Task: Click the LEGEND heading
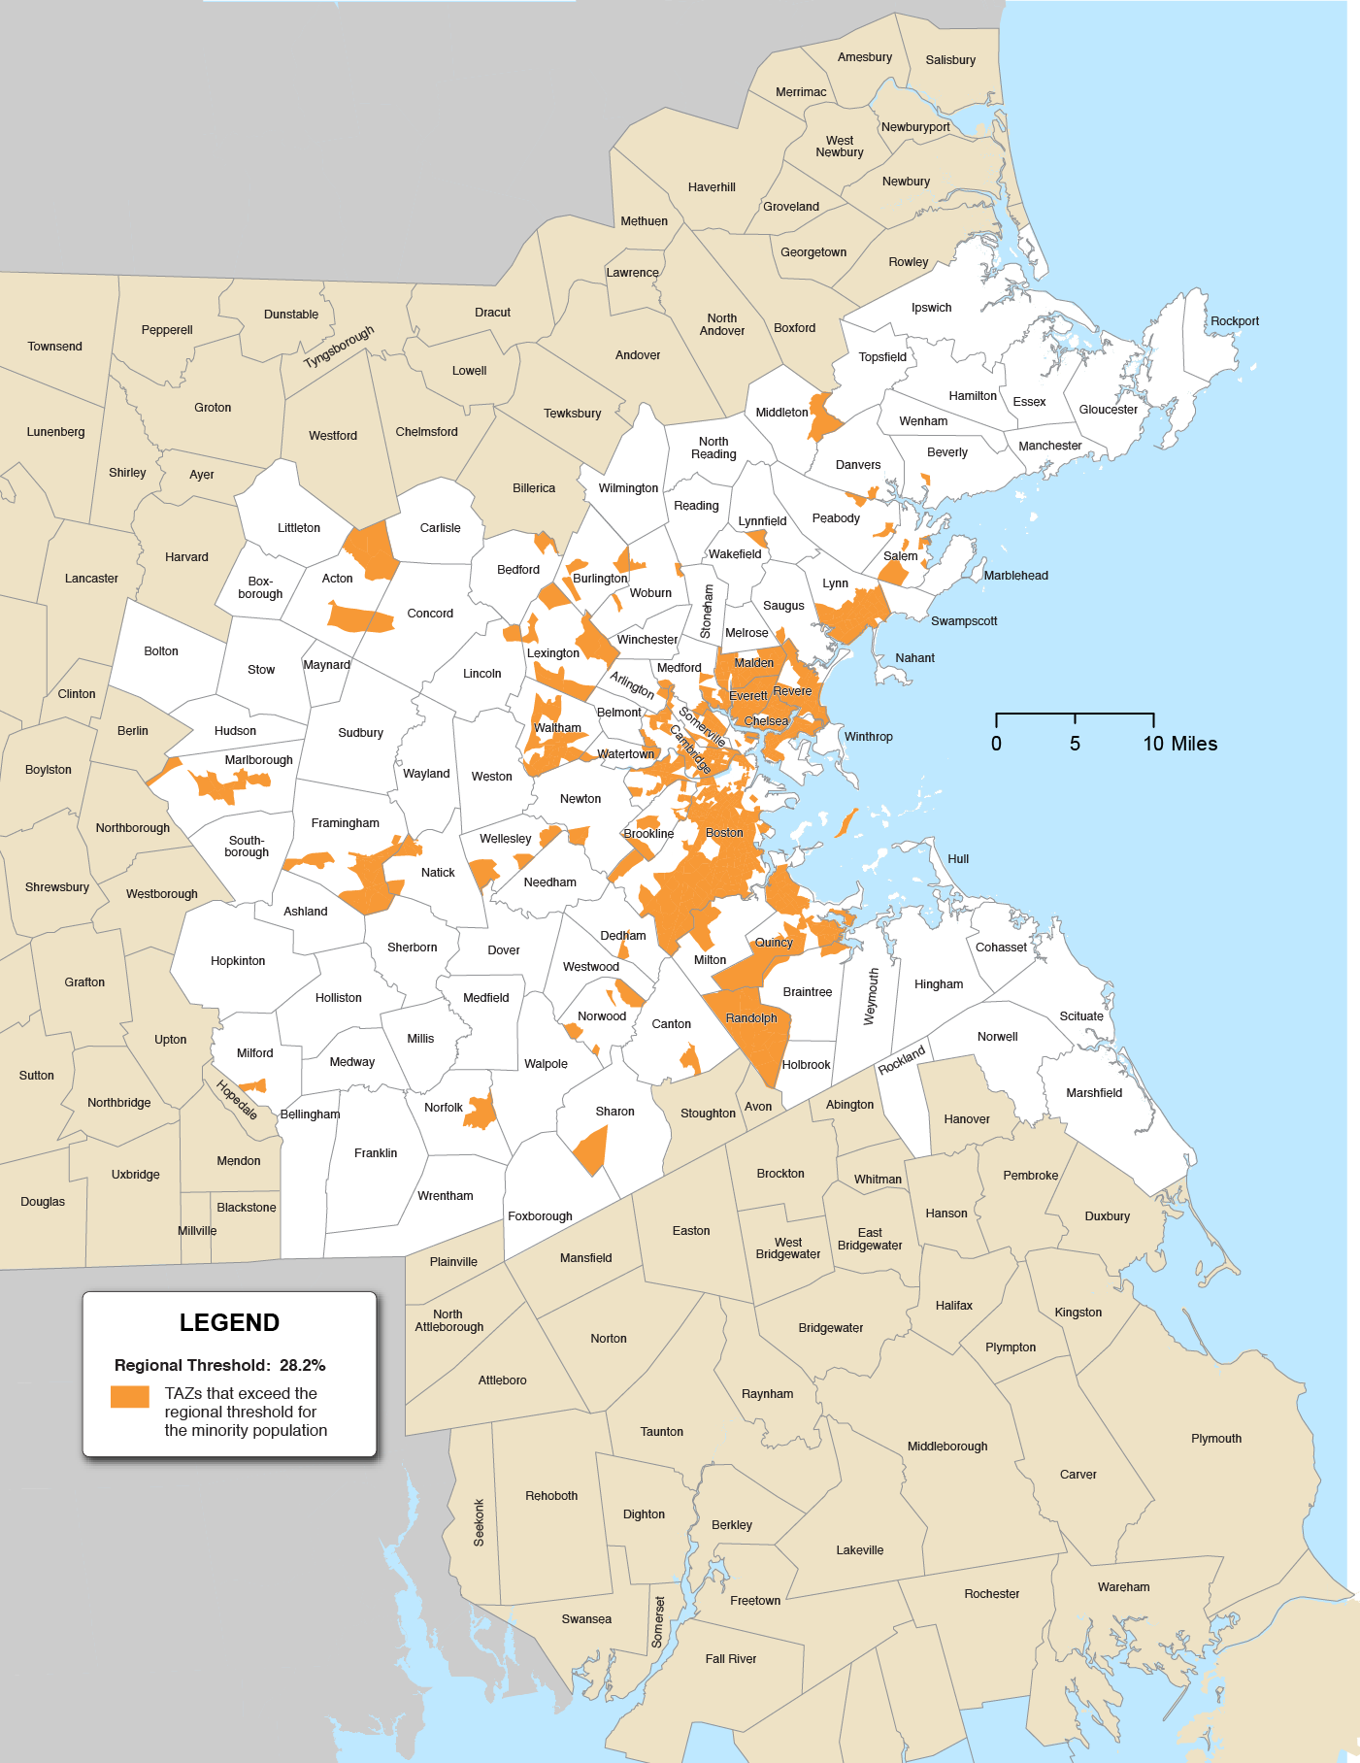tap(229, 1322)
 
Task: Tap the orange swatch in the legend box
tap(129, 1396)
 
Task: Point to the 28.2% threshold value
tap(302, 1365)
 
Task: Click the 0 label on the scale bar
tap(996, 744)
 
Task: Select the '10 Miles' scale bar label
tap(1179, 744)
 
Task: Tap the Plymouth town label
tap(1215, 1439)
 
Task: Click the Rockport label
tap(1234, 321)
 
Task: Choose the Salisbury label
tap(950, 60)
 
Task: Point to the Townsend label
tap(54, 347)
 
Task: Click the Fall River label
tap(730, 1659)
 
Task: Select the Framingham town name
tap(345, 823)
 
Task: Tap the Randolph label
tap(751, 1018)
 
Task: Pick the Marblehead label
tap(1015, 576)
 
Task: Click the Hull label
tap(958, 859)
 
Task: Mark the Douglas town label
tap(43, 1202)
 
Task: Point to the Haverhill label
tap(712, 187)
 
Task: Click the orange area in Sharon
tap(591, 1150)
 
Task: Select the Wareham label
tap(1123, 1587)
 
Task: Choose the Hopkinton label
tap(238, 961)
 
